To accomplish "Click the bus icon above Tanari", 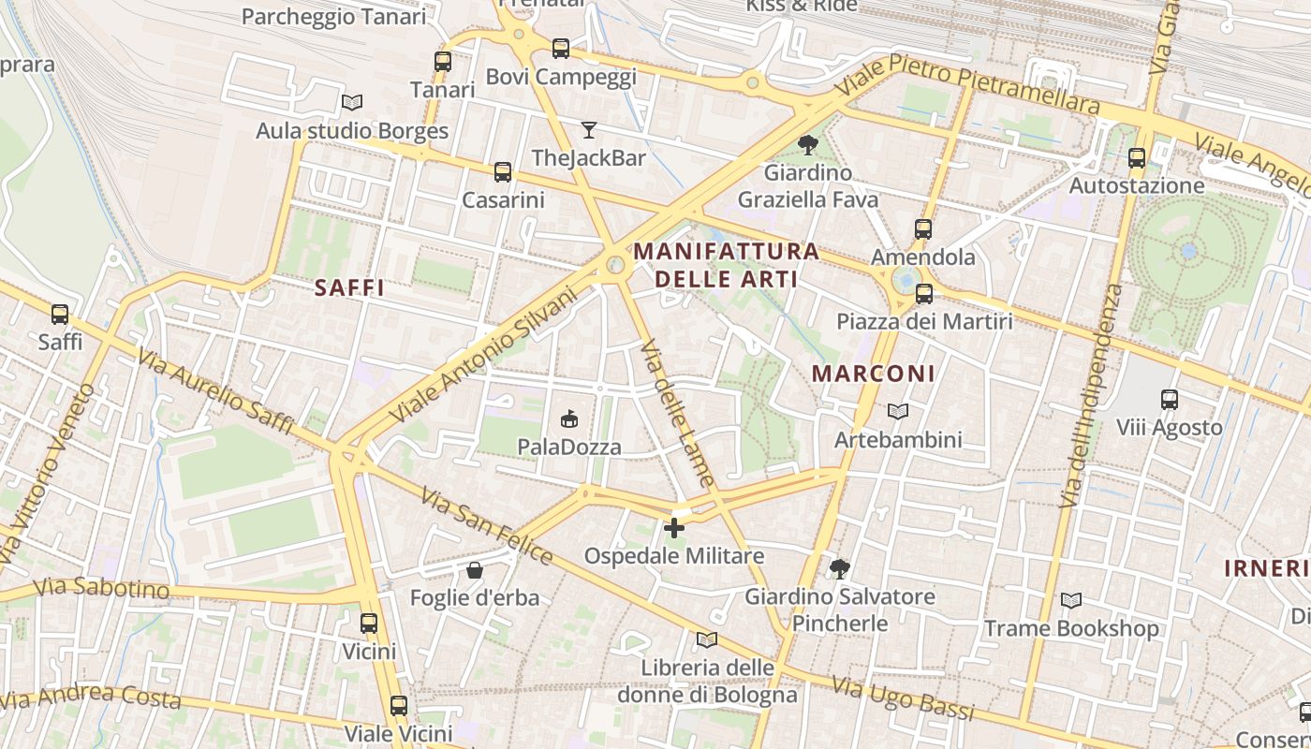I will [x=443, y=62].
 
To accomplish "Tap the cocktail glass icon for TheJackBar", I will [x=589, y=130].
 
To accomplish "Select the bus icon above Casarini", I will [x=503, y=171].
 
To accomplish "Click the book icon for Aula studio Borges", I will [x=352, y=102].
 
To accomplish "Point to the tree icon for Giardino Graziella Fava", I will [x=808, y=145].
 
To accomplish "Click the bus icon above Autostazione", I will [x=1137, y=157].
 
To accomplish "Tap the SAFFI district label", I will [x=349, y=287].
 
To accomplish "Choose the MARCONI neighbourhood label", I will [x=873, y=373].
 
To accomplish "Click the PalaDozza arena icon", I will [x=569, y=419].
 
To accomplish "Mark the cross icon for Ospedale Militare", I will [x=674, y=528].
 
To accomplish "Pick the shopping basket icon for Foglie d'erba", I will [x=475, y=569].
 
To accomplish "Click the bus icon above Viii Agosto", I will [x=1170, y=400].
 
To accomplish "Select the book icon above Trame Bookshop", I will [x=1071, y=600].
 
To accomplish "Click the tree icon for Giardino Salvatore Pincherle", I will [x=840, y=568].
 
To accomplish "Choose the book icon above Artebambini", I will [x=898, y=411].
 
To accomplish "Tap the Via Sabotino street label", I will [x=101, y=588].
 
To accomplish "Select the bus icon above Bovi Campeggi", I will [x=561, y=48].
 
